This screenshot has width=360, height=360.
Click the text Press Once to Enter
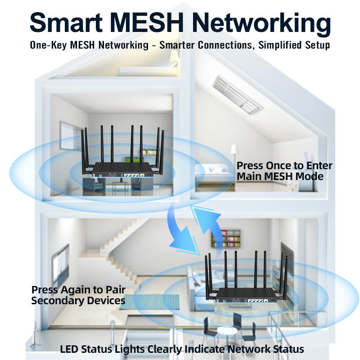[284, 166]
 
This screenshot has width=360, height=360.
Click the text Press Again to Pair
[78, 289]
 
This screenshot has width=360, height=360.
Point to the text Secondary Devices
[78, 300]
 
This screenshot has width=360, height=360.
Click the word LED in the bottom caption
[69, 349]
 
